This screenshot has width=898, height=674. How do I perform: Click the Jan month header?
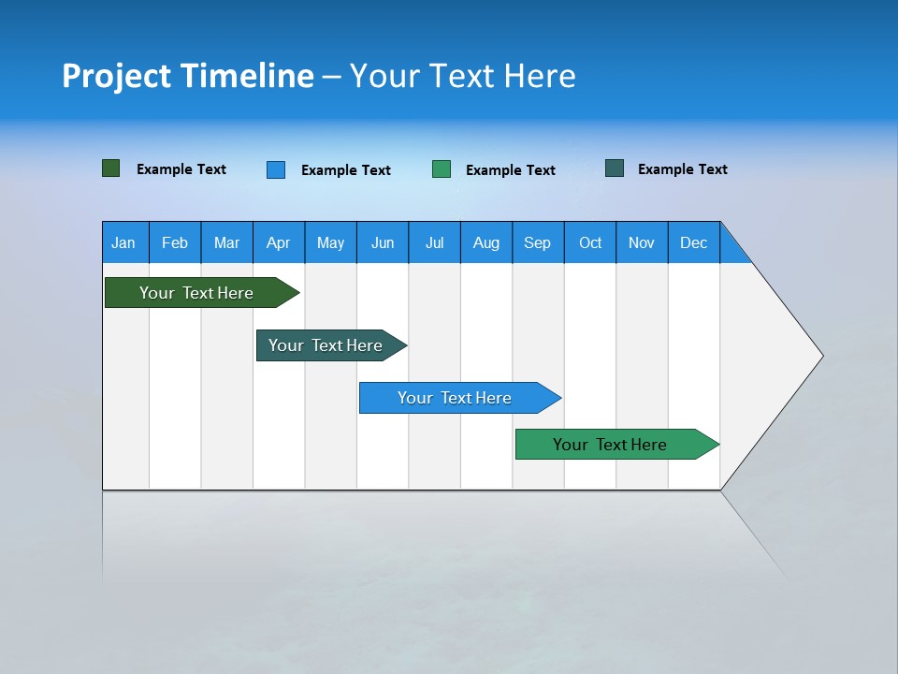124,242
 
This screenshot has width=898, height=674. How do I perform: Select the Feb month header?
175,242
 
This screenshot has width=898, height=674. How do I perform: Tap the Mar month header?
226,242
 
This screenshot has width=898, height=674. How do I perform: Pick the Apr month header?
278,242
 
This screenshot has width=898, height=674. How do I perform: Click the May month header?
330,242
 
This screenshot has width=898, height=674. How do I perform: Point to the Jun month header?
382,242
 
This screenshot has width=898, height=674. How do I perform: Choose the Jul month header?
434,242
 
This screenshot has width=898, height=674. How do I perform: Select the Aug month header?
485,242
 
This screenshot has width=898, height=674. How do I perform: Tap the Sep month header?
538,242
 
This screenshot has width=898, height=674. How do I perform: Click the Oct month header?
589,242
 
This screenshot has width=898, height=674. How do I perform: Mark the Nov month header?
642,242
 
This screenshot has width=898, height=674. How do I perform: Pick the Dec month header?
693,242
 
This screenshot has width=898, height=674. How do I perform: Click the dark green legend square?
111,168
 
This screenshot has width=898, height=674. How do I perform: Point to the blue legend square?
276,169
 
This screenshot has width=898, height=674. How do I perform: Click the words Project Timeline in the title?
188,76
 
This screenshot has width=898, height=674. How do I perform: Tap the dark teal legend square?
615,168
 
